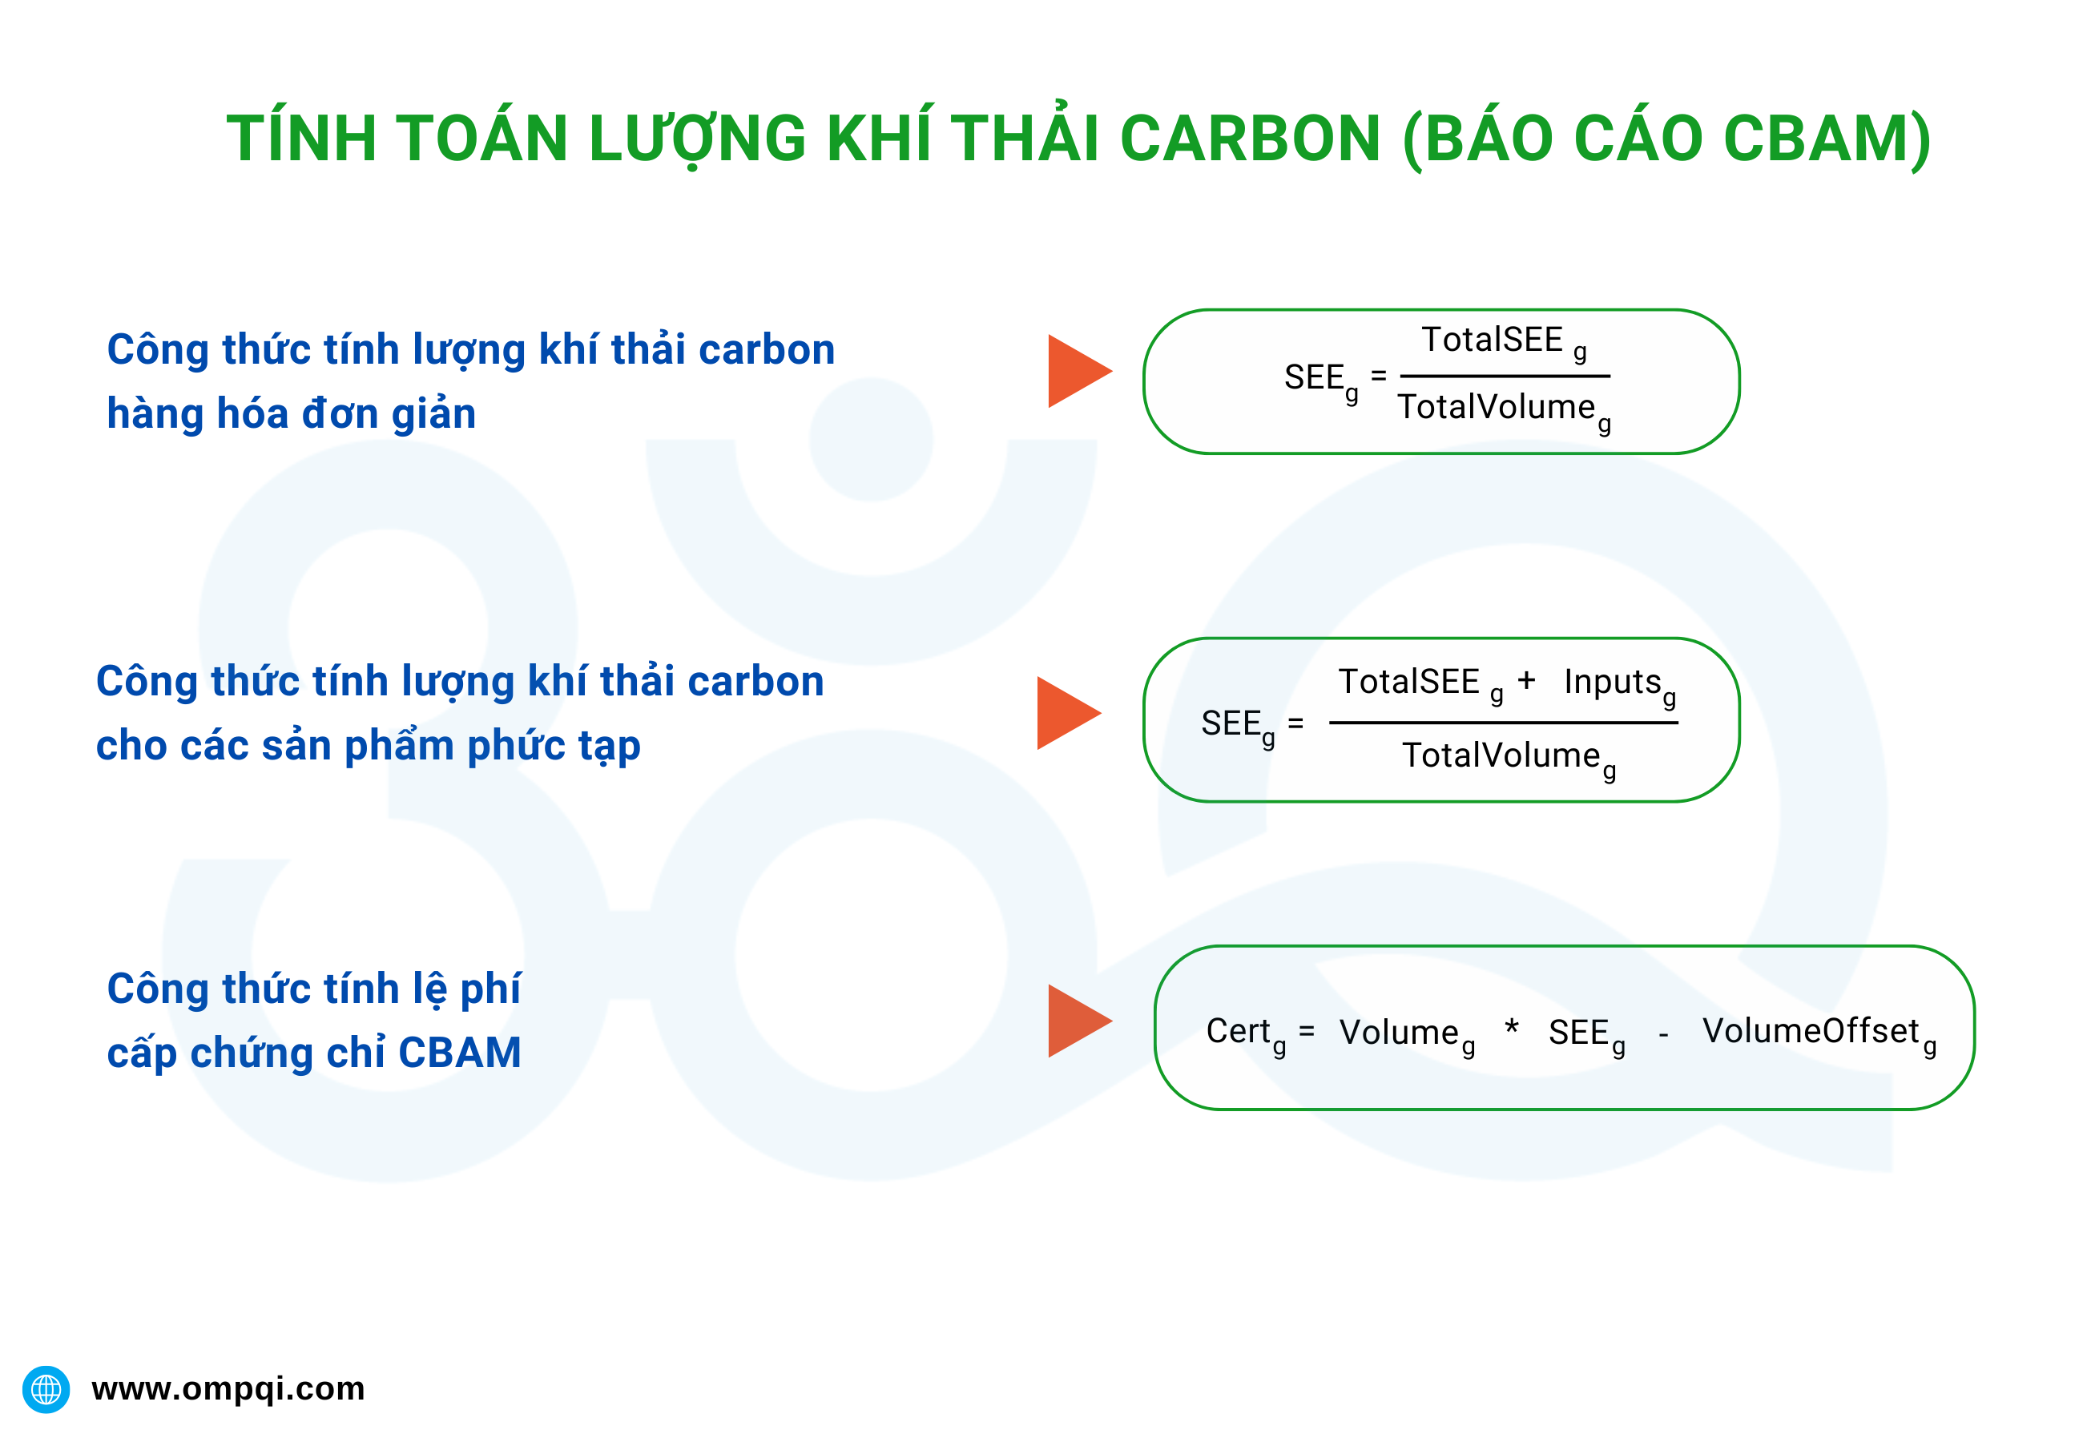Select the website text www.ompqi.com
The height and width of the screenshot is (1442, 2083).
click(x=228, y=1388)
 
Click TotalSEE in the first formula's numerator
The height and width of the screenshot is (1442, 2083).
click(x=1491, y=340)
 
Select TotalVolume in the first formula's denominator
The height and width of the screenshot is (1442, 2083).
click(x=1497, y=408)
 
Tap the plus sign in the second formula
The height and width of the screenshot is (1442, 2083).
click(x=1526, y=680)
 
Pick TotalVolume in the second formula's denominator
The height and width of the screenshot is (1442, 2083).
click(x=1501, y=755)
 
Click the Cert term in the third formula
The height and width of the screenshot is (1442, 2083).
click(x=1239, y=1031)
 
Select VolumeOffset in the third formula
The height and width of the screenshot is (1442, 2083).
click(x=1810, y=1031)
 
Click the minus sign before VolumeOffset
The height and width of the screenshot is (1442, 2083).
click(x=1663, y=1035)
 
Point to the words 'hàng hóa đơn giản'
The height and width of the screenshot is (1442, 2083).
click(x=291, y=414)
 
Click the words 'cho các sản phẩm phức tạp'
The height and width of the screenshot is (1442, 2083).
click(x=368, y=747)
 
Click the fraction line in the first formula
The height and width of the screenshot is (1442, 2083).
click(x=1505, y=376)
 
